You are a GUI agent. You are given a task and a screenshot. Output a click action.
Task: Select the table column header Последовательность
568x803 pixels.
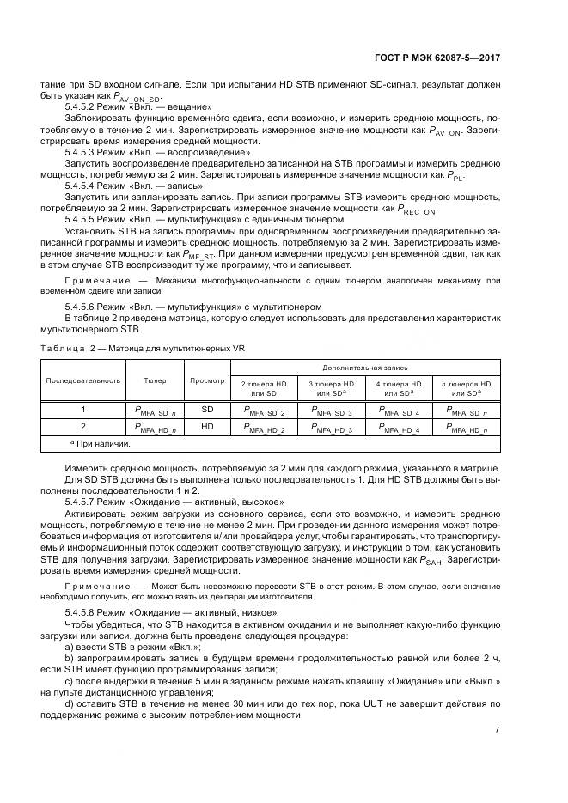[83, 379]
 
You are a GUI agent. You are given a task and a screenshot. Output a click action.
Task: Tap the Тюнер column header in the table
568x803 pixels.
[155, 379]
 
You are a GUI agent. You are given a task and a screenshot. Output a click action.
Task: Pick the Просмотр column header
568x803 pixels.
[207, 379]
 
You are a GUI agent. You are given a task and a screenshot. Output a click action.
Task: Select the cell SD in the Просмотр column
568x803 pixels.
[207, 410]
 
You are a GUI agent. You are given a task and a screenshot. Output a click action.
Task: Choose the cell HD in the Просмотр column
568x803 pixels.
[207, 426]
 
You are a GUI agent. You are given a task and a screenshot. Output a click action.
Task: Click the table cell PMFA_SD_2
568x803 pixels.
[264, 411]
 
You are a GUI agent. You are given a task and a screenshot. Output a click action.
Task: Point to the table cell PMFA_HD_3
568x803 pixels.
[332, 427]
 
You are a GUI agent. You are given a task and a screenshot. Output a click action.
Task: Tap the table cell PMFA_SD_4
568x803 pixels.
[399, 411]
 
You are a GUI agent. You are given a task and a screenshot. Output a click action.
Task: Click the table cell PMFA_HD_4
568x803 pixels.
[399, 427]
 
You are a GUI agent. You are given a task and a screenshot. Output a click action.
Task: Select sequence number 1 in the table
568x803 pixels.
[83, 410]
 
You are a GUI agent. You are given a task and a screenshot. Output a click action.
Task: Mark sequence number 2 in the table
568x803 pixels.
[83, 426]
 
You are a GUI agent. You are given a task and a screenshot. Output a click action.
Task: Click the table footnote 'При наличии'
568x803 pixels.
[101, 443]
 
